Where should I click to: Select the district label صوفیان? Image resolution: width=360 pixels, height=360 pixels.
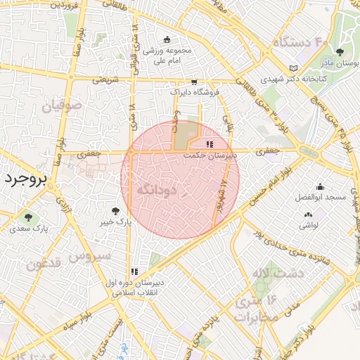click(61, 107)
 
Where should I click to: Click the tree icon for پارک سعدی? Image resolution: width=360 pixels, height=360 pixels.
click(28, 217)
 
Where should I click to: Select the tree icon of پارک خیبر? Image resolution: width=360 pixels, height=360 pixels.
click(116, 210)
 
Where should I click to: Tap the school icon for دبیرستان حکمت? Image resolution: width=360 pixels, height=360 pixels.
click(210, 143)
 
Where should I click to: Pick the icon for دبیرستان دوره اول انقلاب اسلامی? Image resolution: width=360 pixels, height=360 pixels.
click(134, 271)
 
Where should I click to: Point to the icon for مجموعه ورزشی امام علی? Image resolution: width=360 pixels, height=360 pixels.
click(167, 39)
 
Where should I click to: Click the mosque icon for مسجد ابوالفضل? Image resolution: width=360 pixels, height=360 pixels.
click(320, 186)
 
